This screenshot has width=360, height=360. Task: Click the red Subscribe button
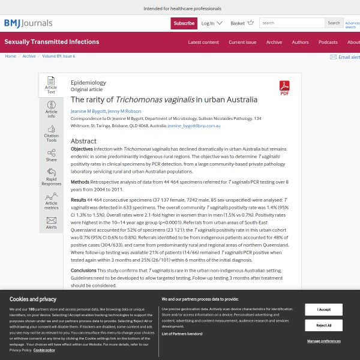coord(184,23)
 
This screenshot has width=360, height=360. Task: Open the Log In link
coord(211,23)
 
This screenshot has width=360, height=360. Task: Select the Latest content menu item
coord(203,42)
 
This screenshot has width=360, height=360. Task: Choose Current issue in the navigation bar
coord(242,42)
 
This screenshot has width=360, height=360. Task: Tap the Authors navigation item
coord(300,42)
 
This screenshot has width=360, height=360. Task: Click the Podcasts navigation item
coord(328,42)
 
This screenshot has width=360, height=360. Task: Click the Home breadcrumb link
coord(11,56)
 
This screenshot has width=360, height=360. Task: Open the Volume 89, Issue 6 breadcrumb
coord(59,56)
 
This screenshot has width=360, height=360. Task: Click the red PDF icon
coord(284,88)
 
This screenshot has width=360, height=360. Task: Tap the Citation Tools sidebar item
coord(51,134)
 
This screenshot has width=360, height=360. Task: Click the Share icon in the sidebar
coord(51,155)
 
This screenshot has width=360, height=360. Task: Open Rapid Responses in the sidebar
coord(51,177)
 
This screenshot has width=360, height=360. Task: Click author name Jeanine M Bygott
coord(88,112)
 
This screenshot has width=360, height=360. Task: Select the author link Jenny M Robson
coord(124,112)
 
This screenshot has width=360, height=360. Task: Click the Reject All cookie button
coord(323,325)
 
